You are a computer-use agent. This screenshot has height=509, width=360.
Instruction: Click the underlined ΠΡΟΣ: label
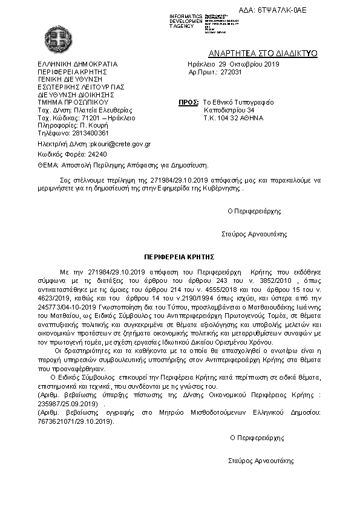click(189, 102)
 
